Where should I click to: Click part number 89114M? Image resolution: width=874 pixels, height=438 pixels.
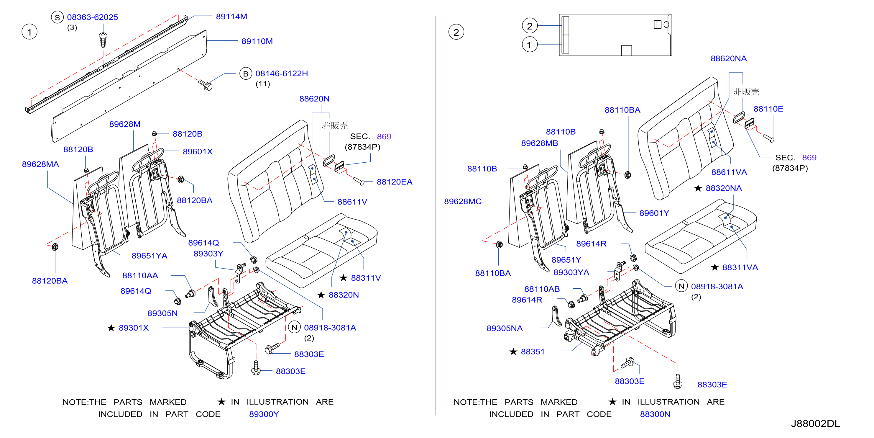pos(231,16)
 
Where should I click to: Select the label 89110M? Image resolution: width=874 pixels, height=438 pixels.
pos(257,41)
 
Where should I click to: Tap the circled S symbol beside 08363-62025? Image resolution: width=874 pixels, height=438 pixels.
pos(57,17)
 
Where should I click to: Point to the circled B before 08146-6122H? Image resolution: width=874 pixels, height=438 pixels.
pos(246,74)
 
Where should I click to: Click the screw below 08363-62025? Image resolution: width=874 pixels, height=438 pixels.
pos(103,40)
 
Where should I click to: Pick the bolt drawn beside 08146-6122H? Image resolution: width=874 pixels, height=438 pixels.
pos(205,84)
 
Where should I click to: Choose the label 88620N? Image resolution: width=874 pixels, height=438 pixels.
pos(314,99)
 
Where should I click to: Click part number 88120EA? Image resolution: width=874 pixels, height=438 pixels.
pos(394,182)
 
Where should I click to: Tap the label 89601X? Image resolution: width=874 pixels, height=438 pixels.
pos(198,152)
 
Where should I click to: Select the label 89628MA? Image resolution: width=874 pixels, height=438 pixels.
pos(40,164)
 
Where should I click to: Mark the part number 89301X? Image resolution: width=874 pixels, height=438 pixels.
pos(134,328)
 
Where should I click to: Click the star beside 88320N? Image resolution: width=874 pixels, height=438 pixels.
pos(321,295)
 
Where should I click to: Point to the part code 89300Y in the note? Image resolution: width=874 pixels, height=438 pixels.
pos(264,414)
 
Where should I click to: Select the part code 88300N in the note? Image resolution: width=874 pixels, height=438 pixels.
pos(655,414)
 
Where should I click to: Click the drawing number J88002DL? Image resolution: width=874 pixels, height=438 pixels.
pos(815,424)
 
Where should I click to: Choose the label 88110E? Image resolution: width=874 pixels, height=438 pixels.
pos(768,109)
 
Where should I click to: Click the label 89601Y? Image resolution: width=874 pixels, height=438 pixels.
pos(654,213)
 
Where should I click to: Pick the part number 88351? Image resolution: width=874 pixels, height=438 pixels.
pos(532,352)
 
